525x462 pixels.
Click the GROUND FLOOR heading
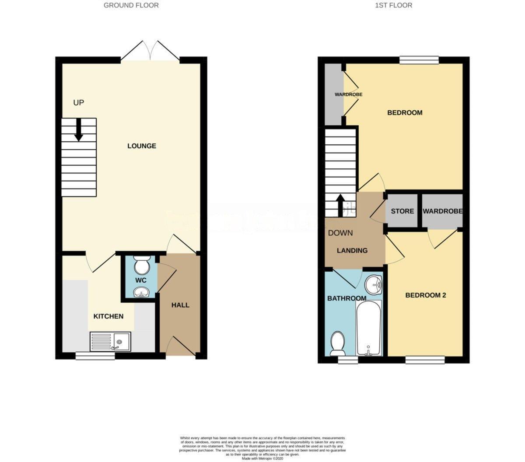click(131, 5)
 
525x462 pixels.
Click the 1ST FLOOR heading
click(394, 5)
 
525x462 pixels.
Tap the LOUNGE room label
click(142, 146)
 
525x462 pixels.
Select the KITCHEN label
click(108, 316)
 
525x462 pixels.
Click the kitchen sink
click(110, 342)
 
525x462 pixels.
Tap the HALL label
click(180, 304)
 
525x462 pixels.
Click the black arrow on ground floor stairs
click(79, 129)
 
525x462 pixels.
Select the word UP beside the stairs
click(79, 103)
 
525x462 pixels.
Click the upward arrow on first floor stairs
click(340, 205)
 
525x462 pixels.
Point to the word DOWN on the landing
click(340, 233)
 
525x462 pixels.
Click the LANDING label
click(352, 251)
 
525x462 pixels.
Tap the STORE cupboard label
click(402, 211)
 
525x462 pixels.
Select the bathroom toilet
click(337, 343)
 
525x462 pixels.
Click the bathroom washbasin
click(373, 285)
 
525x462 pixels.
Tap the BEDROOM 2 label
click(426, 295)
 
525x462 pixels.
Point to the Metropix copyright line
click(262, 458)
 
